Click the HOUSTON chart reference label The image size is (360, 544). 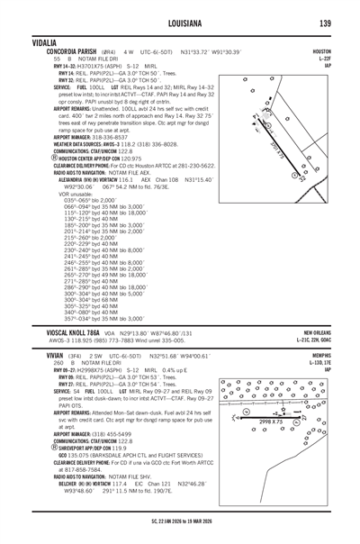tap(341, 52)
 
